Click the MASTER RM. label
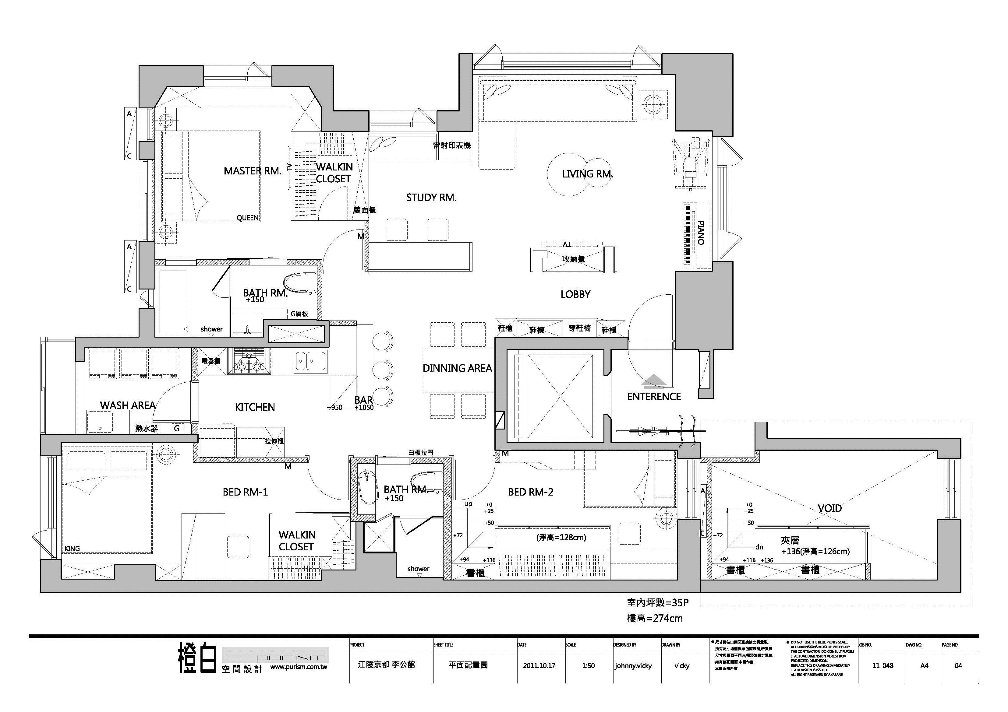pos(252,171)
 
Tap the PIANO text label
pos(701,233)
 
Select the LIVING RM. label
pos(587,174)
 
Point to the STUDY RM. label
pos(431,198)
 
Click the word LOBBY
pos(575,294)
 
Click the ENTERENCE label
pos(654,397)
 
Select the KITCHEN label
pos(255,407)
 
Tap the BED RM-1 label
pos(245,492)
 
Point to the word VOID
pos(829,508)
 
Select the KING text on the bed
pos(72,548)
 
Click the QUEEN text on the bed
pos(248,218)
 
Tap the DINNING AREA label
pos(457,369)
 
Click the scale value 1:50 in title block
pos(588,665)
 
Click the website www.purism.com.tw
pos(299,667)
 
